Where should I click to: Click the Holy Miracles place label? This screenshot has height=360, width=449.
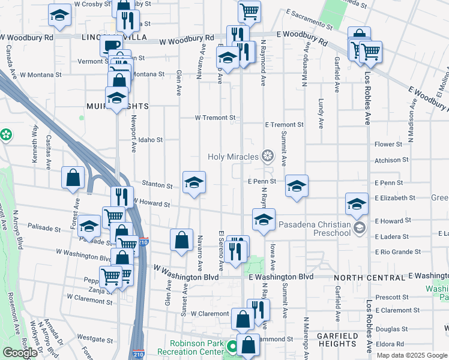click(x=232, y=157)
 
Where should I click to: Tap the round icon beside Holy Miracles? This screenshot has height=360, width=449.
click(x=267, y=157)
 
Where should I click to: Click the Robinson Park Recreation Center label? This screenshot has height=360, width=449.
click(x=191, y=347)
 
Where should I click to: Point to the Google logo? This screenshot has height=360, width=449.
click(x=20, y=353)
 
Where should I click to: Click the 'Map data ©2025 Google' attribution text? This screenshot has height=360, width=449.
click(x=412, y=355)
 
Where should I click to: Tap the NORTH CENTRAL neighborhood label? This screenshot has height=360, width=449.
click(x=369, y=278)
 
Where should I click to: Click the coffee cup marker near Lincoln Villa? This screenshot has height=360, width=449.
click(x=110, y=46)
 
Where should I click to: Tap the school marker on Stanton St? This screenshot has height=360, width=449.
click(x=193, y=182)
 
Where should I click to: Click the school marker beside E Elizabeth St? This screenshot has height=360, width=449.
click(x=357, y=204)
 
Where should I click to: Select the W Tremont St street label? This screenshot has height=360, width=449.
click(x=215, y=118)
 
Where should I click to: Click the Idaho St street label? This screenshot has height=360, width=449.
click(x=151, y=140)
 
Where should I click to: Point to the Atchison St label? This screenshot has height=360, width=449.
click(x=391, y=160)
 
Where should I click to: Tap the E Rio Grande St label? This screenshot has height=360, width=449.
click(x=398, y=252)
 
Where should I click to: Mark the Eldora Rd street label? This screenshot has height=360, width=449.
click(x=391, y=344)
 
